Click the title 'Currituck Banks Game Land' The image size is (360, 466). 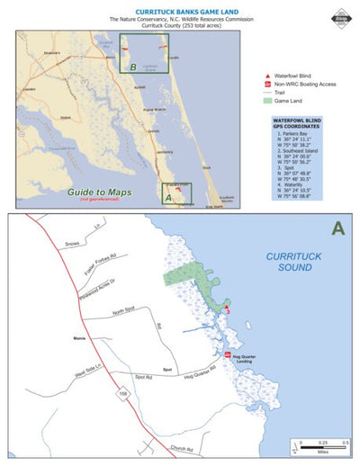pos(180,11)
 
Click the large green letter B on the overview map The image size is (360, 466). pos(132,67)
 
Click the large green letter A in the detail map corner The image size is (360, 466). pos(337,229)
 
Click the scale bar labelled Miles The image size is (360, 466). pos(319,444)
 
